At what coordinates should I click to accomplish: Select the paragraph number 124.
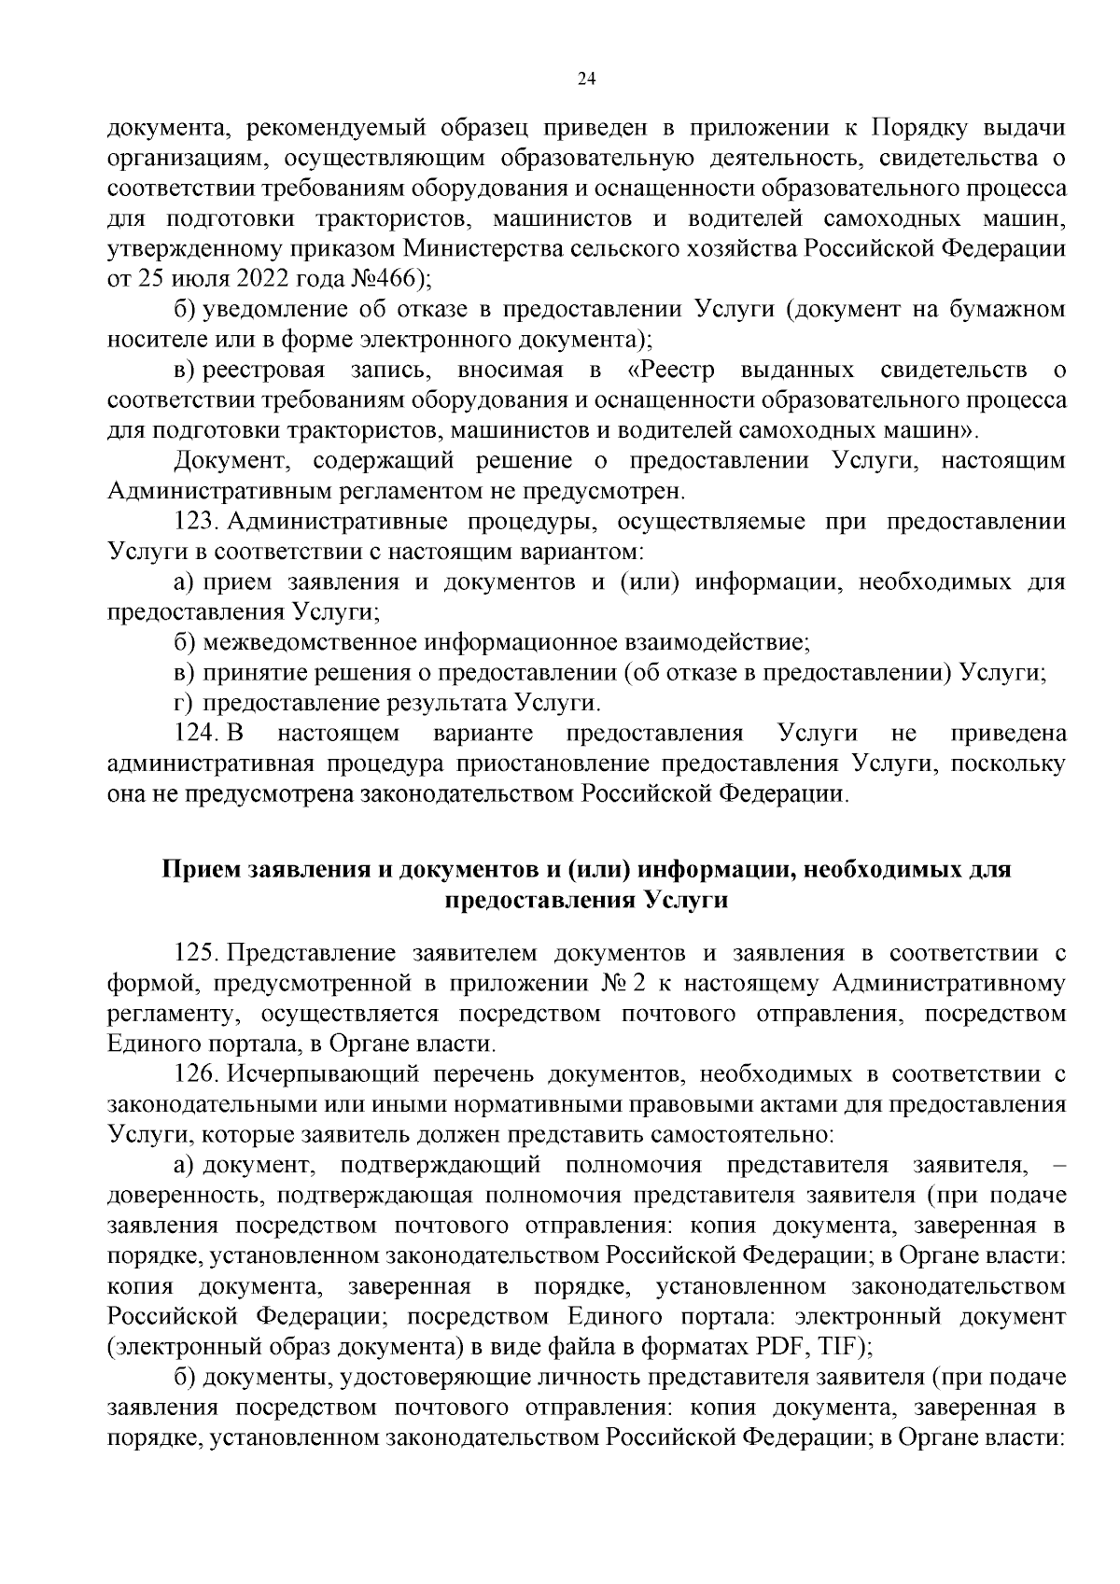tap(195, 734)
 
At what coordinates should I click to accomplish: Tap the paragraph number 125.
tap(195, 953)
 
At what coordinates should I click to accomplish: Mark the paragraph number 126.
tap(195, 1074)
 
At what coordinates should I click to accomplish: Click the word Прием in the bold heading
tap(200, 870)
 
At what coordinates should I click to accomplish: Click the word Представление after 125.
tap(312, 953)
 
